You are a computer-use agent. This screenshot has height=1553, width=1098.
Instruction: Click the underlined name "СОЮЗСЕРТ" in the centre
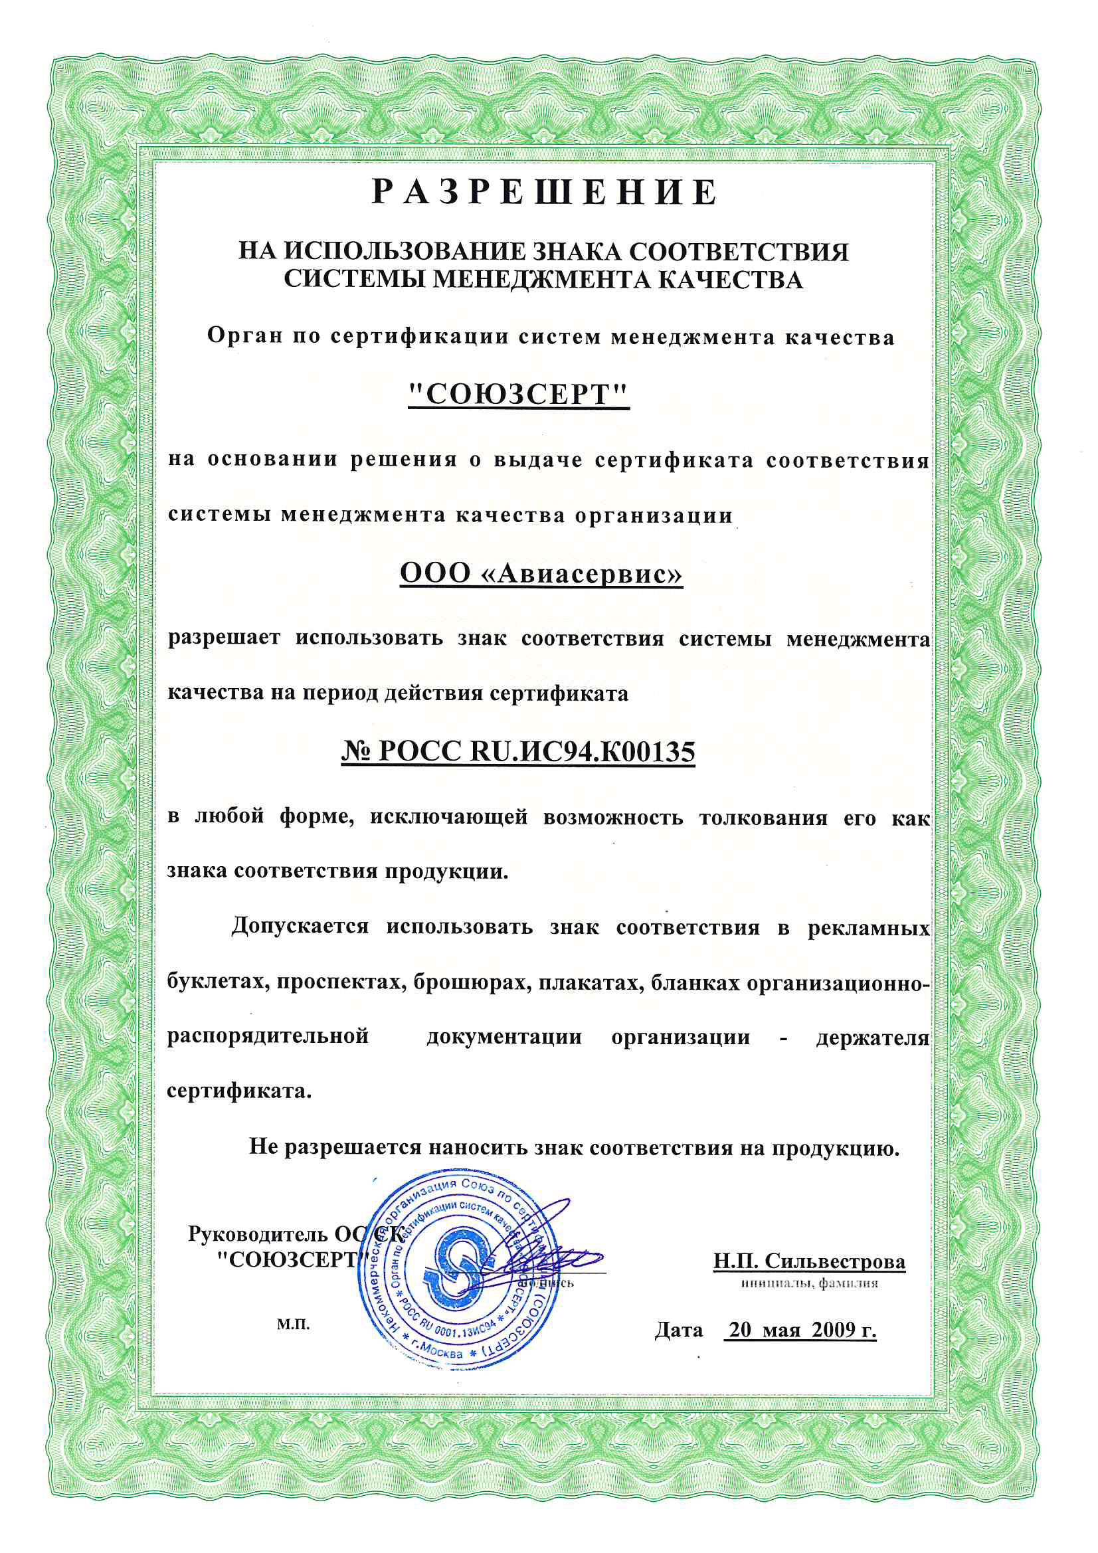pyautogui.click(x=519, y=395)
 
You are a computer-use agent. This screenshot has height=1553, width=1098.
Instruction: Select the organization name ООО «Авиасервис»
pyautogui.click(x=541, y=574)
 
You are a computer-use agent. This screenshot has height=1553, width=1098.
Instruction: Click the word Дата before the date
pyautogui.click(x=679, y=1330)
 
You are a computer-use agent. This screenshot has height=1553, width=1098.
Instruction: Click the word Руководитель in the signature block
pyautogui.click(x=259, y=1234)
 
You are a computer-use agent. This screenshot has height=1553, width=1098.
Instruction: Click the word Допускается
pyautogui.click(x=300, y=926)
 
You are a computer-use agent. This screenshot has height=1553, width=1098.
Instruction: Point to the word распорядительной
pyautogui.click(x=268, y=1037)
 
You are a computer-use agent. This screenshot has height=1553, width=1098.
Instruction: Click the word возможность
pyautogui.click(x=613, y=817)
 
